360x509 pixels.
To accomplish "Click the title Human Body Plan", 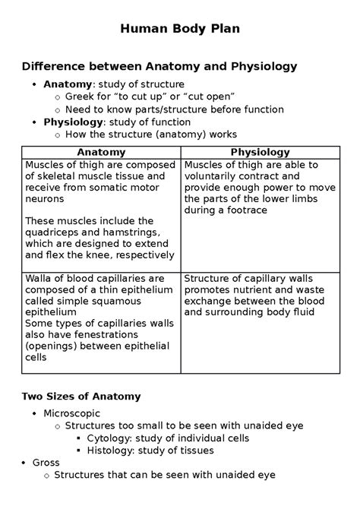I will [179, 31].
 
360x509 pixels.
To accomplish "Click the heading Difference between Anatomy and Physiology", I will [159, 67].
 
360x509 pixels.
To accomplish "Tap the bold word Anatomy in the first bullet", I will [67, 84].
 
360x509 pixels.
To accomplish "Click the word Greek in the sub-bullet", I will [81, 96].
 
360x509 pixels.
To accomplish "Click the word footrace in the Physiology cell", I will [243, 210].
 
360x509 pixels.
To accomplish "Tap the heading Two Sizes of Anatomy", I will [81, 397].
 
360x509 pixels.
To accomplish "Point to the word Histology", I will [112, 450].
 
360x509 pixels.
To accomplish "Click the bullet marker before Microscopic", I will [34, 413].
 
